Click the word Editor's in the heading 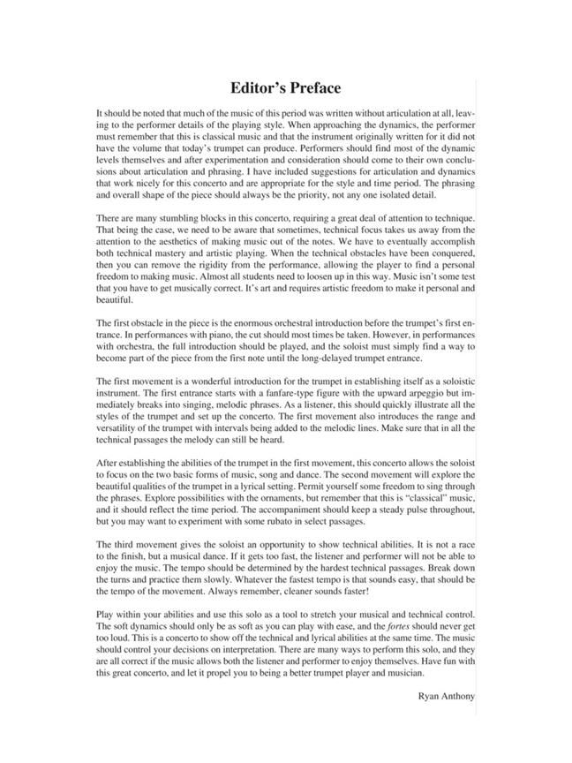tap(258, 88)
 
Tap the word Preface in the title tap(316, 88)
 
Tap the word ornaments tap(275, 497)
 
